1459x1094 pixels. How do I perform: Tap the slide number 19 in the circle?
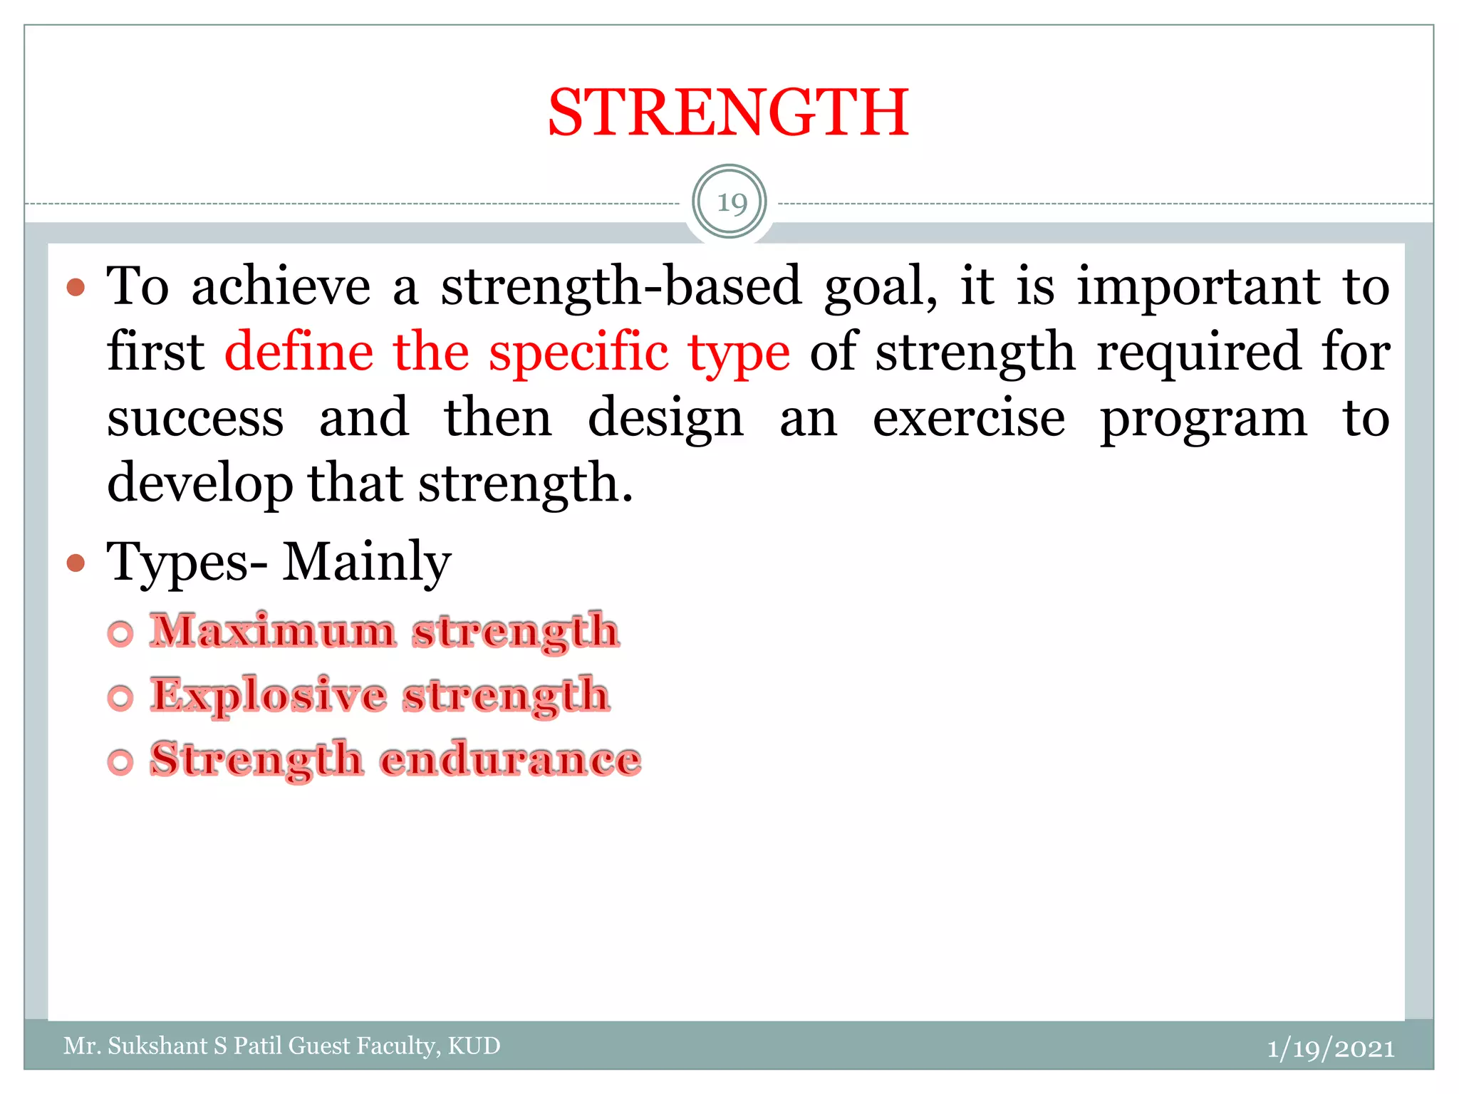pos(731,203)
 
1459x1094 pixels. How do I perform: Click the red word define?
pos(298,352)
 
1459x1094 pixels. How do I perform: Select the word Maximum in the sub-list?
pos(273,631)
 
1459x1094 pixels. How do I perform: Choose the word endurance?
pos(510,759)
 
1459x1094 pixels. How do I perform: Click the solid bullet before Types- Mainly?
pos(76,563)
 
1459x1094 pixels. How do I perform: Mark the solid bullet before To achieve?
pos(76,288)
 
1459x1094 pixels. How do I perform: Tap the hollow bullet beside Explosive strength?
pos(120,697)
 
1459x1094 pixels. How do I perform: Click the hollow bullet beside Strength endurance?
pos(120,761)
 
